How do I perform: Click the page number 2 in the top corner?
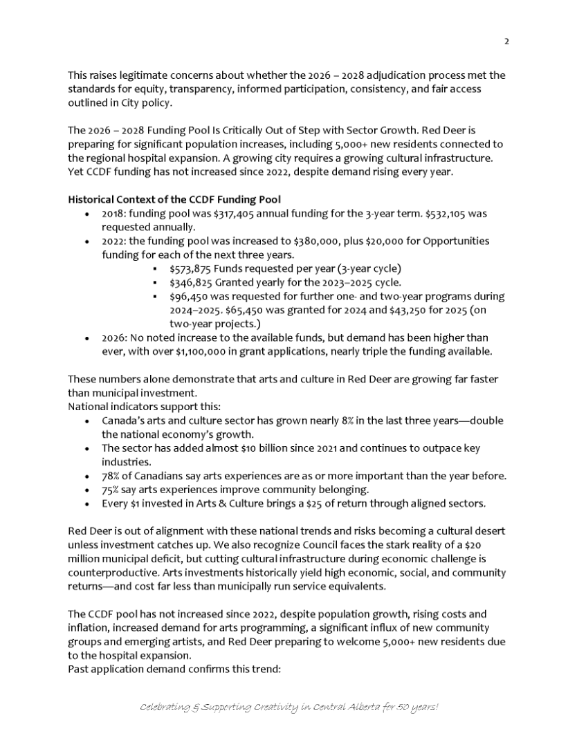(506, 41)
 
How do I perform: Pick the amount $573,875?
(191, 268)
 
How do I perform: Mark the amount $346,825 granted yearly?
(191, 282)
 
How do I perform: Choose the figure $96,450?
(189, 296)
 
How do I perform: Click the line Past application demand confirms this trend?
(174, 670)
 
